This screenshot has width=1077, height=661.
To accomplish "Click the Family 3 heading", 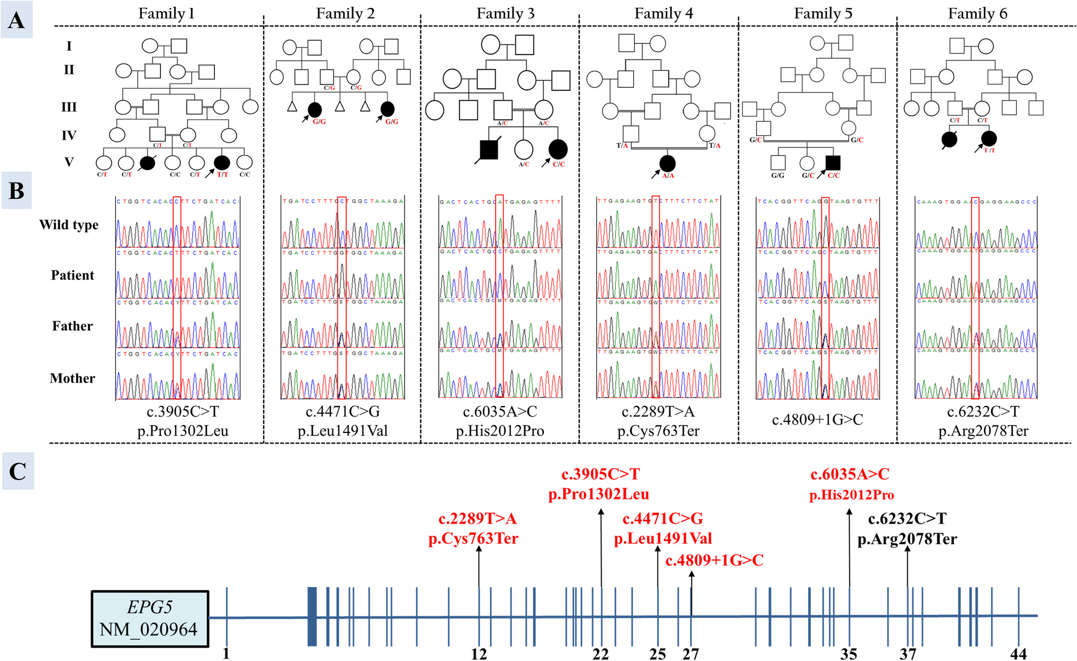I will point(505,13).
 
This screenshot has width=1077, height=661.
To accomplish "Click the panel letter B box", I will point(16,191).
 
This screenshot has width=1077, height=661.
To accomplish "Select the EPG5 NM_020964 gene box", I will point(150,618).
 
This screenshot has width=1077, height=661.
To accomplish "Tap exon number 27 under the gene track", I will point(690,654).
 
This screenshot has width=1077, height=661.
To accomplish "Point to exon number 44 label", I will point(1018,654).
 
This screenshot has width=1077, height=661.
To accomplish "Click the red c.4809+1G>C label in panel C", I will point(714,560).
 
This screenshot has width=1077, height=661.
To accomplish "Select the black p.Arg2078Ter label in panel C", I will point(907,539).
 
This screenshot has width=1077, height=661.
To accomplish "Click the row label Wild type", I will point(69,225).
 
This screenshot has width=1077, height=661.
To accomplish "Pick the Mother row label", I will point(73,378).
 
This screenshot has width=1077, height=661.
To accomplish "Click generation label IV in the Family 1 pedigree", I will point(69,135).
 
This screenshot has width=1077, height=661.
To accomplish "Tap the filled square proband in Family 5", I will point(833,163).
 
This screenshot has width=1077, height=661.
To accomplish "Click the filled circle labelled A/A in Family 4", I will point(668,164).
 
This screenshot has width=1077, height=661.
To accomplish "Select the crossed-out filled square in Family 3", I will point(489,150).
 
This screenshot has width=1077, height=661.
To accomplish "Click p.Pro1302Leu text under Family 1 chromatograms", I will point(183,431).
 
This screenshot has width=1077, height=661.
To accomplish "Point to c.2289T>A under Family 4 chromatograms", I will point(658,412).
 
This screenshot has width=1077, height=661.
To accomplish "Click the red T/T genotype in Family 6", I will point(989,150).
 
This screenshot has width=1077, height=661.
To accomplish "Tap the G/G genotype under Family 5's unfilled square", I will point(777,175).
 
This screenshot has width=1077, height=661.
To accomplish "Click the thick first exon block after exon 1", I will point(312,617).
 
